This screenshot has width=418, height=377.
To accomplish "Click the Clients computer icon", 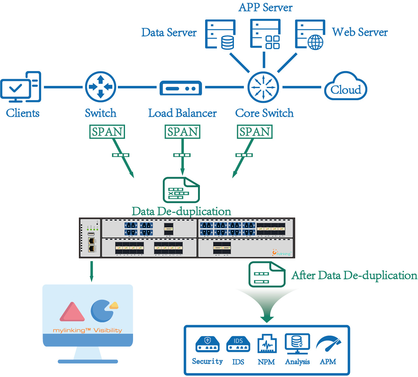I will [21, 87].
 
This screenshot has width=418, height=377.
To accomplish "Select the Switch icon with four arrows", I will [101, 87].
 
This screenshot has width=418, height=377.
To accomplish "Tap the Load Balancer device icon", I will [181, 88].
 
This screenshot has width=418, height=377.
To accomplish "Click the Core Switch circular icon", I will [263, 87].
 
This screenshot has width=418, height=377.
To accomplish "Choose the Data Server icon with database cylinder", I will [220, 34].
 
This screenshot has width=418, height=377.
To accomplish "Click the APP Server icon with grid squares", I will [265, 34].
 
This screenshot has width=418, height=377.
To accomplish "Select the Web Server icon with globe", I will [310, 34].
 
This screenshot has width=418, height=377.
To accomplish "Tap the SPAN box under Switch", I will [107, 132].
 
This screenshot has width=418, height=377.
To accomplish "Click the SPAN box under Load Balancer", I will [182, 132].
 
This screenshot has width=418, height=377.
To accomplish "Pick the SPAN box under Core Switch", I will [255, 132].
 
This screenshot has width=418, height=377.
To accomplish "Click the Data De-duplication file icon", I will [181, 190].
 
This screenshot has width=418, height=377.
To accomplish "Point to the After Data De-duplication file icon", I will [267, 274].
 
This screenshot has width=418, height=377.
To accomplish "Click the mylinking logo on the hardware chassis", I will [282, 253].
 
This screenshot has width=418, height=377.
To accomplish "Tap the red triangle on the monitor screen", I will [72, 312].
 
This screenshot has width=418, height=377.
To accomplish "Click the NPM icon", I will [267, 344].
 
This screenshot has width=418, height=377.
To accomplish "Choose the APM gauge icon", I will [328, 344].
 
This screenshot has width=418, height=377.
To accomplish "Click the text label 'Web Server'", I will [360, 32].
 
